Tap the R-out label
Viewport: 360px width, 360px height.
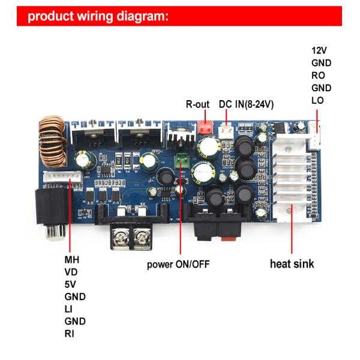pos(197,104)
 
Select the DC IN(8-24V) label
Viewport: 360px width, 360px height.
pos(246,104)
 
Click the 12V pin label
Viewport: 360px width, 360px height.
pos(319,50)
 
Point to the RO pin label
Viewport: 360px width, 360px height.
pos(318,75)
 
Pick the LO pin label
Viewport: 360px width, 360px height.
pos(317,100)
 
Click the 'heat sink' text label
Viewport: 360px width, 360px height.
pos(292,263)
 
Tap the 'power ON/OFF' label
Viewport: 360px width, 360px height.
pos(178,264)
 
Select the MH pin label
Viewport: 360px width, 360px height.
pos(72,260)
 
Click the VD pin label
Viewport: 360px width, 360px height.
pos(71,272)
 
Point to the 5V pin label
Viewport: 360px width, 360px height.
pos(71,284)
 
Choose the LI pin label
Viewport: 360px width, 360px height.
pos(69,309)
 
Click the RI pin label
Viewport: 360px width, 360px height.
pos(70,333)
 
